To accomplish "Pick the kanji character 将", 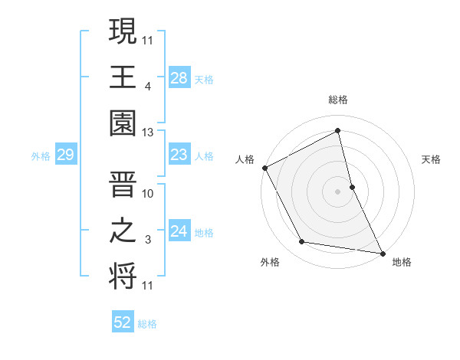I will tap(123, 277).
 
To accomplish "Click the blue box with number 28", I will tap(179, 78).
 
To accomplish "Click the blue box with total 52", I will tap(123, 322).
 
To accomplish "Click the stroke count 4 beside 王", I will tap(147, 86).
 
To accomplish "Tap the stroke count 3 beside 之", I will tap(147, 239).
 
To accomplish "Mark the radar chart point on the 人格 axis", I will tap(264, 168).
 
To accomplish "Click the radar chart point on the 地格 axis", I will tap(382, 252).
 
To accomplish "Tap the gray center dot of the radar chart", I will tap(338, 191).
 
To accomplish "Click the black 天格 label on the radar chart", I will tap(432, 159).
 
